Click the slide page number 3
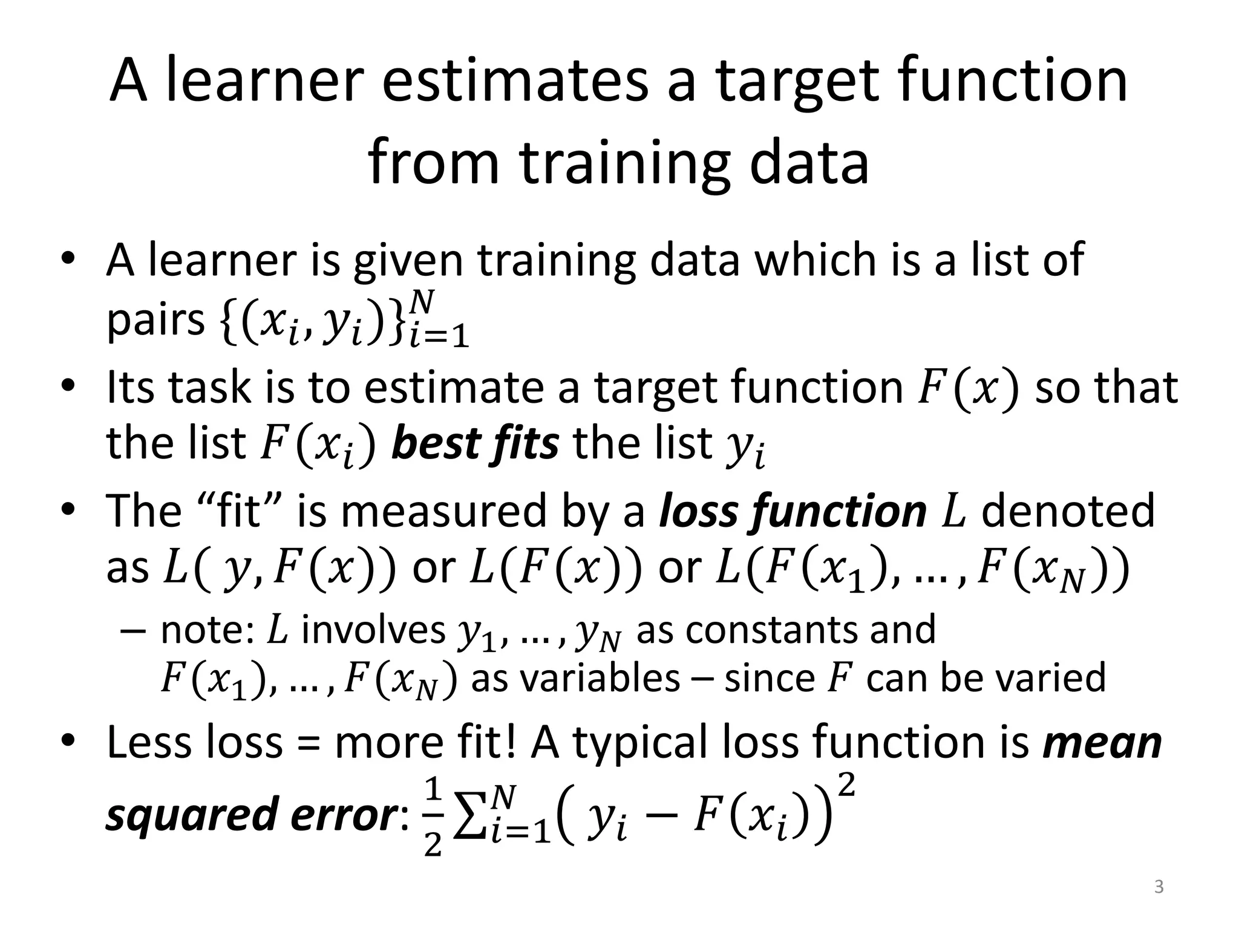point(1159,887)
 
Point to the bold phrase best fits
point(475,443)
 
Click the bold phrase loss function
point(793,511)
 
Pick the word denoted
point(1068,511)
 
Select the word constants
point(786,630)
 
